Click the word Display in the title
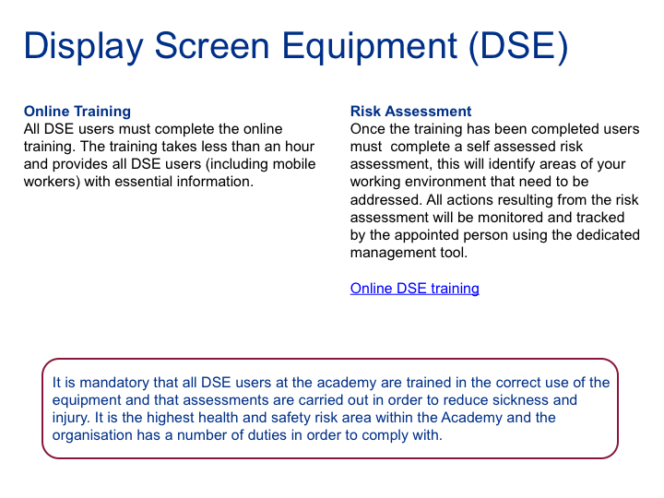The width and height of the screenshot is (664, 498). tap(84, 46)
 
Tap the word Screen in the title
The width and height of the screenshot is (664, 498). tap(212, 45)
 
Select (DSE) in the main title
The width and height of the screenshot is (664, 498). tap(518, 47)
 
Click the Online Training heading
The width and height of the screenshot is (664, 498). tap(77, 112)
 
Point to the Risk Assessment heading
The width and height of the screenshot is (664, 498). tap(410, 112)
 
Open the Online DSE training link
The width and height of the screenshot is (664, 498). tap(415, 289)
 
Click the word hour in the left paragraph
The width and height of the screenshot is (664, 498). tap(300, 147)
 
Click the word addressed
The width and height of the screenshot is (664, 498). tap(385, 199)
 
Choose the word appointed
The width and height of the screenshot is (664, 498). tap(431, 235)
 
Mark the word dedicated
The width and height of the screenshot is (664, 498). tap(606, 235)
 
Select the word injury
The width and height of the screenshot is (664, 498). tap(71, 418)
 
